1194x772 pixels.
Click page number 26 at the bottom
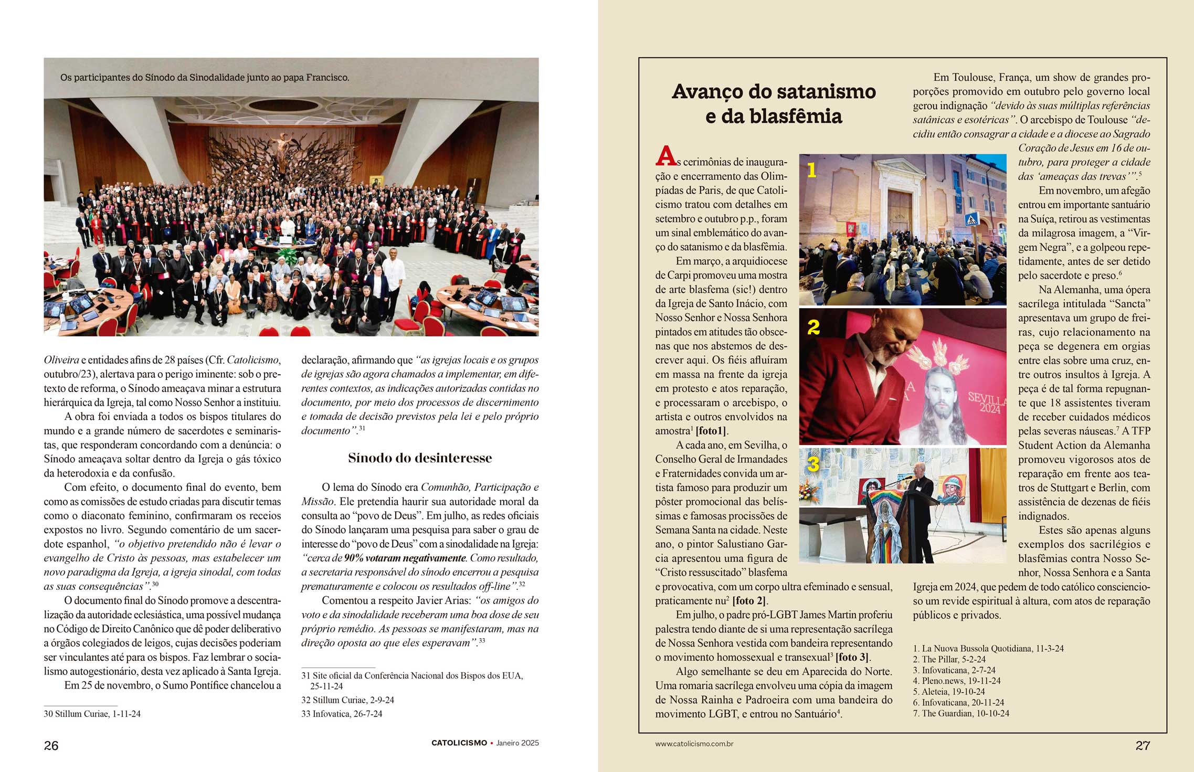(x=51, y=745)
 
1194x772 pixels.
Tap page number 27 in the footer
(x=1143, y=745)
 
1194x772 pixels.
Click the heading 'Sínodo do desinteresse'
(x=420, y=458)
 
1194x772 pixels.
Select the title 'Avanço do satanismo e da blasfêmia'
(x=774, y=103)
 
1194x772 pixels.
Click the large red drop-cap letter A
(x=665, y=156)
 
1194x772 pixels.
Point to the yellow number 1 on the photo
(x=811, y=170)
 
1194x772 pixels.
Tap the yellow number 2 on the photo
(x=813, y=327)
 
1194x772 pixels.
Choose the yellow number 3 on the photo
(x=813, y=464)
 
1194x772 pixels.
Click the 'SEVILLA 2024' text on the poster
(x=987, y=403)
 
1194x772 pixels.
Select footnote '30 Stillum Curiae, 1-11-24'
(x=92, y=714)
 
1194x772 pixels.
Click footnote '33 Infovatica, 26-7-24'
(x=342, y=714)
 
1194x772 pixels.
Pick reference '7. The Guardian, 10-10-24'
(x=961, y=713)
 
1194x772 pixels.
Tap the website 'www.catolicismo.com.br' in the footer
(x=694, y=744)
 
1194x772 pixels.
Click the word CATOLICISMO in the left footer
(x=459, y=743)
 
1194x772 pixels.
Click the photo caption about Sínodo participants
(x=205, y=78)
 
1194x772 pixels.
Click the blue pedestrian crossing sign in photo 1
(x=971, y=219)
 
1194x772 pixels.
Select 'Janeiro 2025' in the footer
(x=517, y=743)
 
